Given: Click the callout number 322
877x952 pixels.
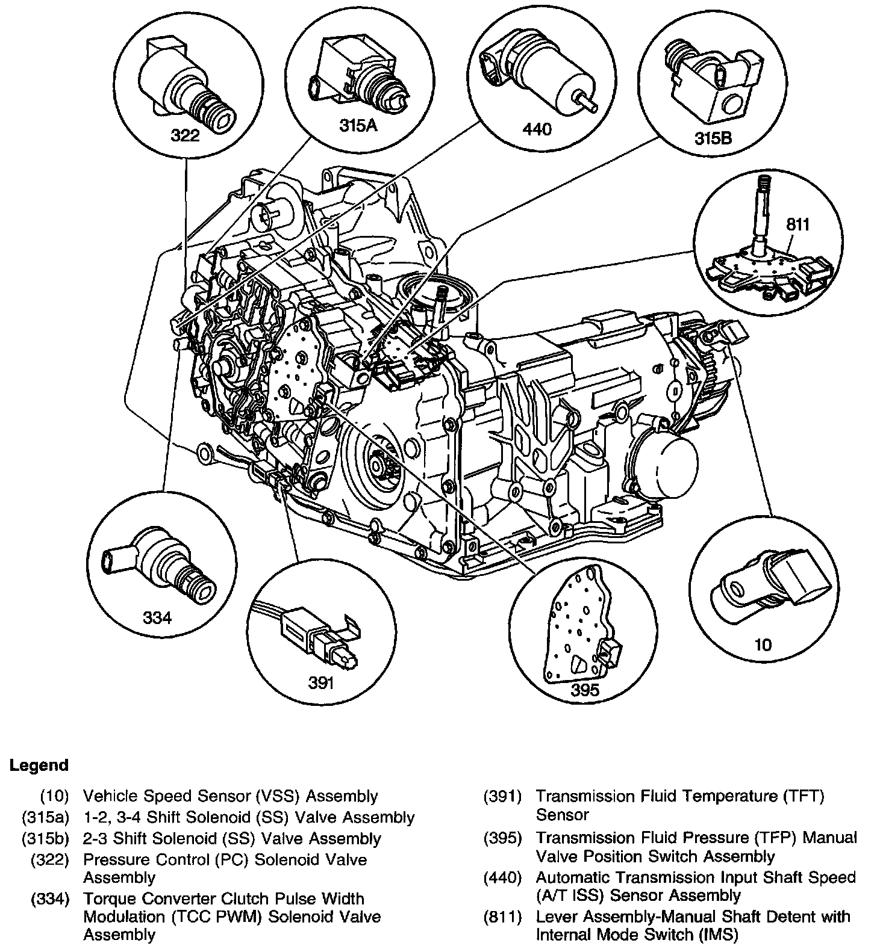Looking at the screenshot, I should click(x=185, y=135).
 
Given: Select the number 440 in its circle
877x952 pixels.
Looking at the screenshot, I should click(x=538, y=129).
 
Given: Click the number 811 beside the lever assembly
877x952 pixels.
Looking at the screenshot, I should click(x=798, y=225).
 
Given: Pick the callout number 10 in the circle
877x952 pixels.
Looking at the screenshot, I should click(x=763, y=645).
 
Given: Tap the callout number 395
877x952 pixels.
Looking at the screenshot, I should click(x=585, y=690).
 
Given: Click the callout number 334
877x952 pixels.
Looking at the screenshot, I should click(x=157, y=617).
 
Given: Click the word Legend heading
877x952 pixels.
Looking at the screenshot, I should click(x=39, y=765).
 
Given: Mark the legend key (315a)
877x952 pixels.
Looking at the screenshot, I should click(x=45, y=817).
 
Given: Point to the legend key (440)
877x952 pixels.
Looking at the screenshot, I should click(x=502, y=877).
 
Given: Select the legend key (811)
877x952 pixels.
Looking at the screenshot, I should click(x=502, y=916).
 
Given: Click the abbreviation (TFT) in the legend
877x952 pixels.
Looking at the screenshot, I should click(x=803, y=796).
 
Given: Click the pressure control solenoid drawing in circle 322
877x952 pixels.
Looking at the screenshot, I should click(x=187, y=84).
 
